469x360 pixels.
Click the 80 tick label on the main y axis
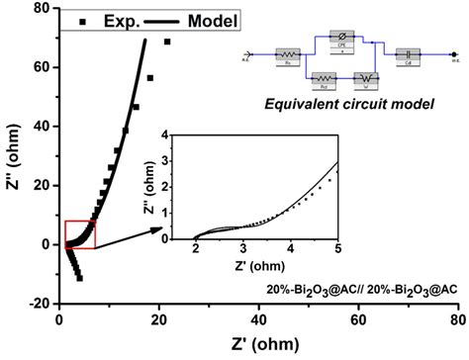point(45,9)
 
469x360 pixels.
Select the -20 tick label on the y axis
point(41,304)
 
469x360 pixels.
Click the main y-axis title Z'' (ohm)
point(13,156)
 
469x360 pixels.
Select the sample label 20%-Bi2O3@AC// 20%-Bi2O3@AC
point(362,290)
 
